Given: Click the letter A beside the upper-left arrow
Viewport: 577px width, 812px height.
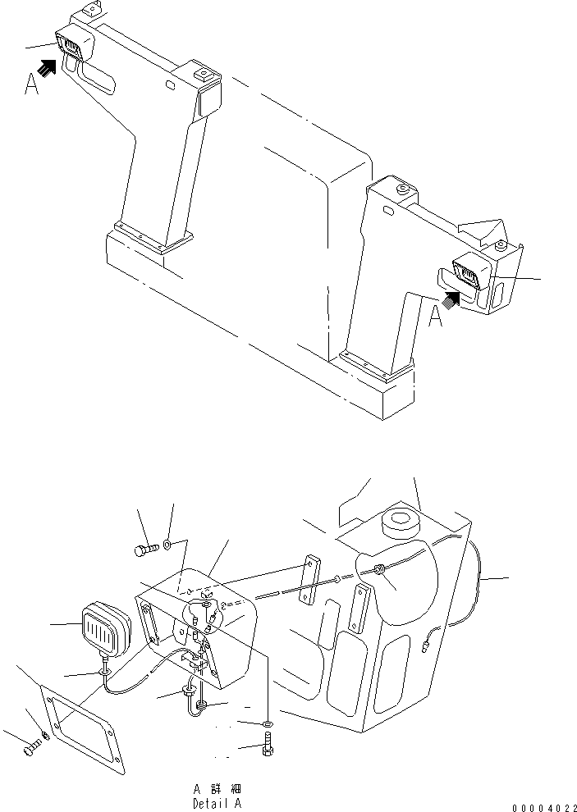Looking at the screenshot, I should point(31,84).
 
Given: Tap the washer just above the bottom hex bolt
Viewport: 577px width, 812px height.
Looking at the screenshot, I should point(268,724).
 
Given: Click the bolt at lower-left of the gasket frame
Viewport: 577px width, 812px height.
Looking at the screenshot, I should point(31,747).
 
